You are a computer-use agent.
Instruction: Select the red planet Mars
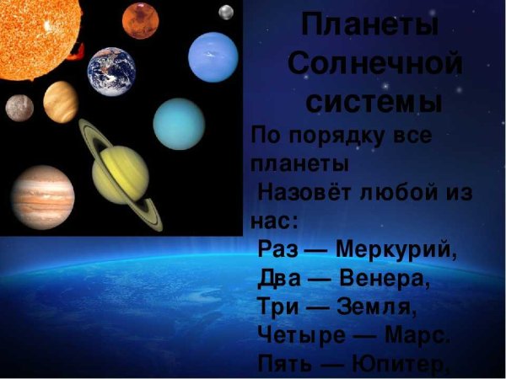[x=140, y=21]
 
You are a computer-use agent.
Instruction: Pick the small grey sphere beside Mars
[x=226, y=12]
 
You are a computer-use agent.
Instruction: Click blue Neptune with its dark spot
[x=213, y=56]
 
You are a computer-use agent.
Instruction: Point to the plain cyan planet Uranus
[x=179, y=123]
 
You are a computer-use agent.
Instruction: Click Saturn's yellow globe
[x=120, y=174]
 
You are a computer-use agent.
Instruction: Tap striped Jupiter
[x=42, y=196]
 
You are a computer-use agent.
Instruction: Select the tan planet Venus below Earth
[x=61, y=101]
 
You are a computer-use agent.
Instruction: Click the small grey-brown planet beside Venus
[x=19, y=107]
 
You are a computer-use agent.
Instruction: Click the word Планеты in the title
[x=370, y=23]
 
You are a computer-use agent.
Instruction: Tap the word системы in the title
[x=373, y=102]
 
